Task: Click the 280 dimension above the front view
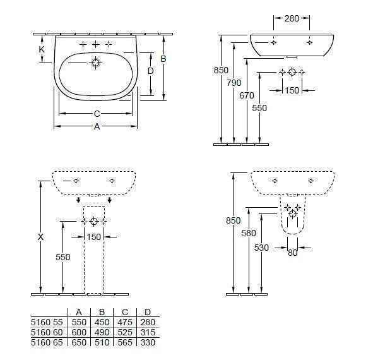(292, 18)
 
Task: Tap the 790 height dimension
(234, 83)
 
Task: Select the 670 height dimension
(247, 95)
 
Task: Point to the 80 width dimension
(293, 253)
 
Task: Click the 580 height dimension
(249, 233)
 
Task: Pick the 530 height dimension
(261, 248)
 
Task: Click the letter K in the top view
(42, 49)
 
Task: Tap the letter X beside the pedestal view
(40, 237)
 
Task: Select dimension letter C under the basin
(97, 114)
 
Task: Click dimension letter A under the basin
(97, 126)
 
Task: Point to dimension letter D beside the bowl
(151, 71)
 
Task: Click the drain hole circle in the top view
(96, 63)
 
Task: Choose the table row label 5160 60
(47, 332)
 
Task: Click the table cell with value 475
(125, 322)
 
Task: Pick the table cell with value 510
(102, 342)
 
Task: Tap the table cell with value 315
(148, 332)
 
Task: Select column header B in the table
(102, 312)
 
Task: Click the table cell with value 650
(79, 342)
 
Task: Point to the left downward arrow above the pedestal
(78, 200)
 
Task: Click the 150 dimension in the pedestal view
(94, 237)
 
